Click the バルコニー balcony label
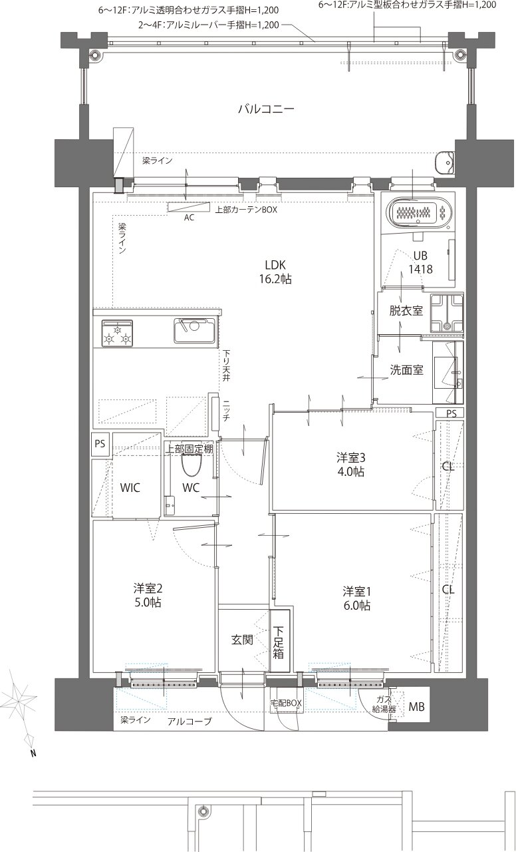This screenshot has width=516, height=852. [x=266, y=109]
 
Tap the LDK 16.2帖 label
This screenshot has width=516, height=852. [x=275, y=272]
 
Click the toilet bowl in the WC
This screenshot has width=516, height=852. [x=191, y=464]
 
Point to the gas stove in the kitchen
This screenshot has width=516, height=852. [x=117, y=333]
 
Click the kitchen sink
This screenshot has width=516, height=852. [x=195, y=330]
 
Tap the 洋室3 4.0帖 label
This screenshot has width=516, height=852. [x=350, y=465]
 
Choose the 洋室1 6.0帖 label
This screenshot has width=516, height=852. [x=357, y=598]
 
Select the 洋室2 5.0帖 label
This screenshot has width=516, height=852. [x=148, y=595]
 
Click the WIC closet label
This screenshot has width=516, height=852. [x=130, y=488]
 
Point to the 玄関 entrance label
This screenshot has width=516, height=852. [x=242, y=640]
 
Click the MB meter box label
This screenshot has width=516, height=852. [x=416, y=707]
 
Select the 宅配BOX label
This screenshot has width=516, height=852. [x=286, y=704]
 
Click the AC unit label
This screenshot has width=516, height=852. [x=189, y=218]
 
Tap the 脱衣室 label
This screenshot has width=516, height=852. [x=406, y=311]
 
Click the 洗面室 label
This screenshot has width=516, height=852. [x=406, y=370]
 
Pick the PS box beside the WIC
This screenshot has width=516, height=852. [x=100, y=444]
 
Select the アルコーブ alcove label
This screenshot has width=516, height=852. [x=190, y=721]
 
